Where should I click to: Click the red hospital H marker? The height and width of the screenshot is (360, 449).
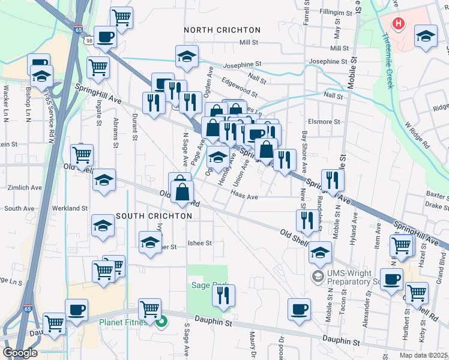click(x=397, y=24)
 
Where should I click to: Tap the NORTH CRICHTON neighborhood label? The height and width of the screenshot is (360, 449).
click(x=222, y=30)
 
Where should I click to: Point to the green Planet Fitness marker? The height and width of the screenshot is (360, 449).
click(x=161, y=322)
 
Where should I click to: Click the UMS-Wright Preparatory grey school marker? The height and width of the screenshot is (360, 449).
click(x=316, y=276)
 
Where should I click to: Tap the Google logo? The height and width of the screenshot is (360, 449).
click(x=19, y=353)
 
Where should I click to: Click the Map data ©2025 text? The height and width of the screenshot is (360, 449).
click(x=424, y=355)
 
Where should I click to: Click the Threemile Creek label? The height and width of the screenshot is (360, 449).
click(x=388, y=60)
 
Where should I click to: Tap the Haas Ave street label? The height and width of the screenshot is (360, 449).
click(x=244, y=196)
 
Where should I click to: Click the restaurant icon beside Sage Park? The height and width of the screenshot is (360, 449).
click(x=223, y=295)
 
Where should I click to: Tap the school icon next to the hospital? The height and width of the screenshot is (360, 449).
click(x=426, y=36)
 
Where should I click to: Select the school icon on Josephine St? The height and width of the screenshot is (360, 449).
click(x=187, y=56)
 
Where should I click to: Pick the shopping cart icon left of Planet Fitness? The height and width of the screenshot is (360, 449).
click(x=149, y=309)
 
